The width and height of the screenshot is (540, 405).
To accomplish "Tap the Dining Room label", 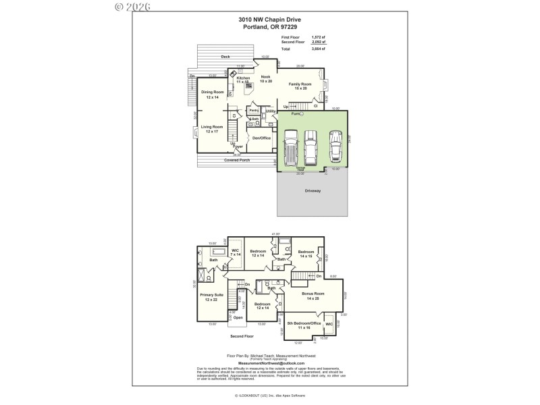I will [x=213, y=94].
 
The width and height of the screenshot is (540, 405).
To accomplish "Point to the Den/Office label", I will [x=261, y=138].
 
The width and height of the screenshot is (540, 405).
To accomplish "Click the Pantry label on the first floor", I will [x=254, y=110].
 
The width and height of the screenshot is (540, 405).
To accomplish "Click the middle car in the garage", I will [x=310, y=146].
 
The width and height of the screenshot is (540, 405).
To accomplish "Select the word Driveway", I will [x=312, y=191].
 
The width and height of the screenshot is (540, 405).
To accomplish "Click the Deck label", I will [x=225, y=57].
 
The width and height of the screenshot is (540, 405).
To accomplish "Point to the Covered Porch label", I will [x=237, y=160].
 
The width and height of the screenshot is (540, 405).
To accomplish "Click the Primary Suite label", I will [x=211, y=298].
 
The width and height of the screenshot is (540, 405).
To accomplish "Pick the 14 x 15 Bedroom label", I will [x=305, y=254].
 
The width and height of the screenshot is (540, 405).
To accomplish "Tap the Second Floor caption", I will [x=241, y=335].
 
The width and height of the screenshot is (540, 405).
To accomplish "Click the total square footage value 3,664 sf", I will [x=319, y=49].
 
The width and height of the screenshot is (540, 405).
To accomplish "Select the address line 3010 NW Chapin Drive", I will [x=269, y=21].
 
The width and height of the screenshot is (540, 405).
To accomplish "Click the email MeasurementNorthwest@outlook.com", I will [x=269, y=362].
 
